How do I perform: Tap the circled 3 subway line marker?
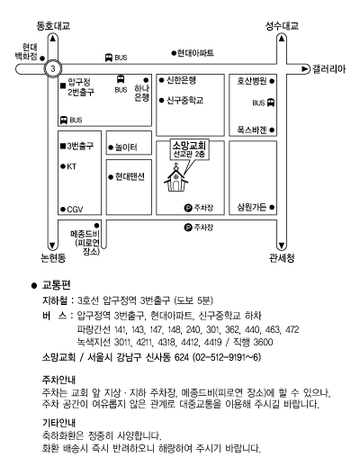[53, 68]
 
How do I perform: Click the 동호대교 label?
[53, 26]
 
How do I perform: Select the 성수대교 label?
[282, 26]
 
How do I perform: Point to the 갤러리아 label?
[328, 69]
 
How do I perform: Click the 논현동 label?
[53, 258]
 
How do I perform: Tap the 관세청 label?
[282, 258]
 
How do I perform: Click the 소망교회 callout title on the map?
[189, 146]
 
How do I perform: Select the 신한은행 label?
[182, 80]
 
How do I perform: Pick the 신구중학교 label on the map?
[184, 100]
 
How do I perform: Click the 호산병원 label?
[252, 81]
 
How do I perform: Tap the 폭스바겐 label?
[252, 130]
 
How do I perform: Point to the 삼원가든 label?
[252, 207]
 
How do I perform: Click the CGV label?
[75, 210]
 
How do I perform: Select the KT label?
[71, 166]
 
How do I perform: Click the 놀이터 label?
[126, 148]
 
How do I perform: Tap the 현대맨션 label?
[130, 176]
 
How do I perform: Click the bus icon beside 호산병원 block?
[271, 103]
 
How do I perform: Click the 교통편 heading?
[57, 285]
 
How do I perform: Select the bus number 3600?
[263, 343]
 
